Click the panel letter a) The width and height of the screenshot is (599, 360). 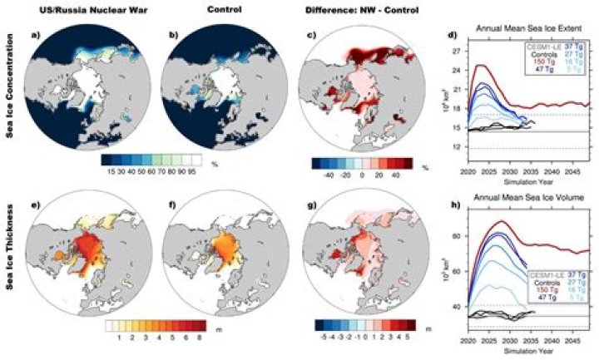tap(34, 36)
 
